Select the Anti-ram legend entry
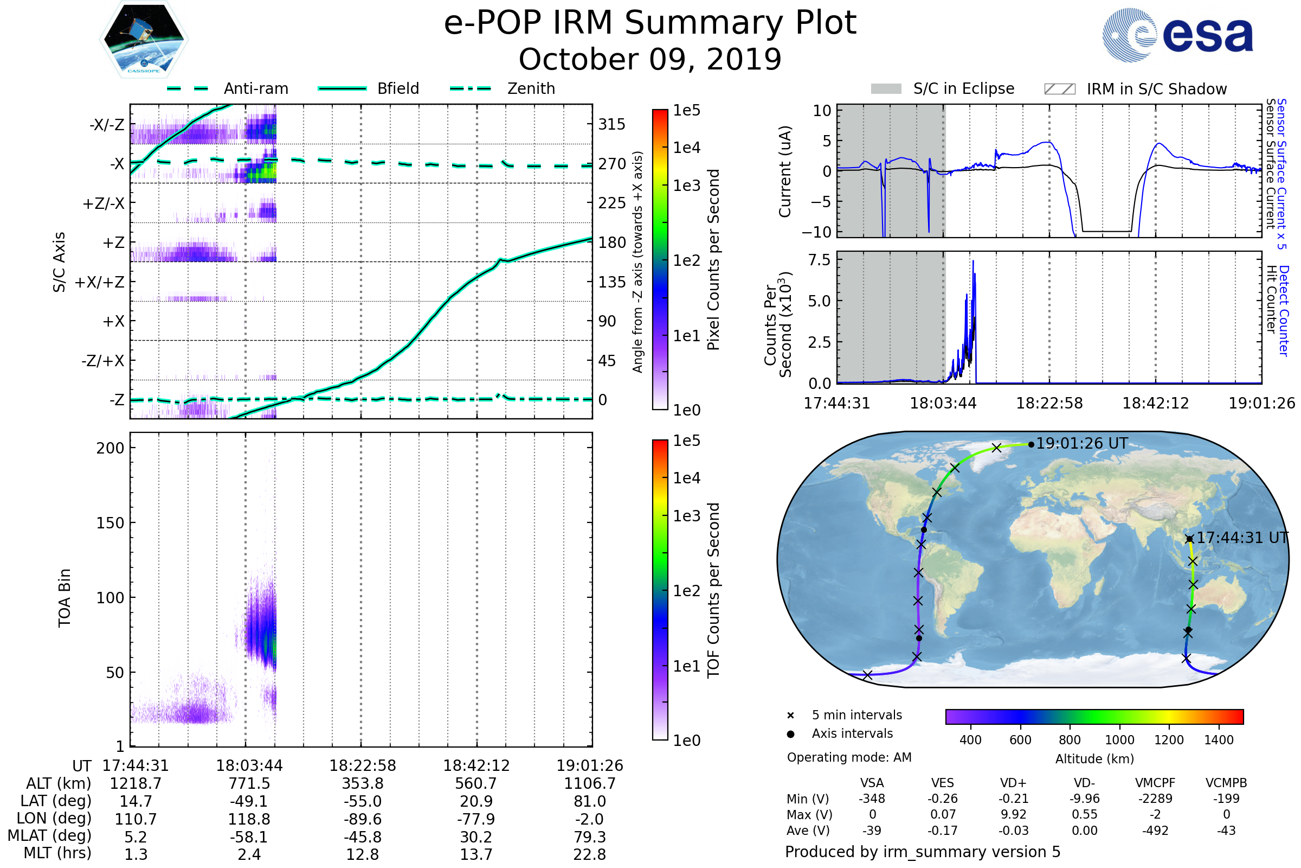click(x=255, y=88)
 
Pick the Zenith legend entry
click(x=531, y=88)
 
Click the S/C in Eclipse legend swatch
click(x=886, y=89)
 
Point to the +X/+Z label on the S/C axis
click(x=100, y=282)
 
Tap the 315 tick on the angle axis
click(x=611, y=124)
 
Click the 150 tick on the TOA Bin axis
click(x=110, y=523)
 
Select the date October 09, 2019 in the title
click(x=650, y=59)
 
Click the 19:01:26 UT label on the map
click(x=1081, y=443)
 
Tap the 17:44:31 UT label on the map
click(x=1242, y=538)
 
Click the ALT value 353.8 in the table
click(x=362, y=783)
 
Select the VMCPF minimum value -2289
click(x=1155, y=799)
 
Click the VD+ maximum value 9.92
click(x=1013, y=814)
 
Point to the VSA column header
click(x=872, y=783)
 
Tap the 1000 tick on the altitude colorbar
click(x=1119, y=740)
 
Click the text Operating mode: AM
click(x=849, y=757)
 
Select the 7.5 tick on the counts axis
click(x=819, y=260)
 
